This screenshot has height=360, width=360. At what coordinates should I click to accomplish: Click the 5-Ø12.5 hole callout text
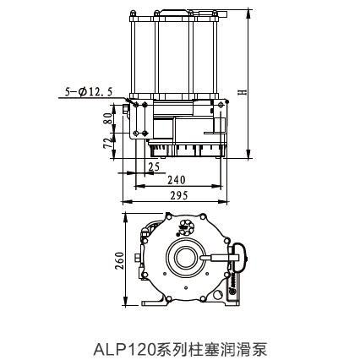tap(89, 91)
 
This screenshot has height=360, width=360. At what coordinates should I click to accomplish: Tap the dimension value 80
tap(108, 118)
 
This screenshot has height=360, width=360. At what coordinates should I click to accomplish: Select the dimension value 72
tap(108, 143)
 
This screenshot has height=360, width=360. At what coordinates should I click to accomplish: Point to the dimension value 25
tap(154, 166)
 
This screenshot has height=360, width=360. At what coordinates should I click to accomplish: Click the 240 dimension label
tap(177, 180)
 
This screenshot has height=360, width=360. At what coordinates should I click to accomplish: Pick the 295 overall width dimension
tap(178, 195)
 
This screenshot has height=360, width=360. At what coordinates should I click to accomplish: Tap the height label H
tap(242, 92)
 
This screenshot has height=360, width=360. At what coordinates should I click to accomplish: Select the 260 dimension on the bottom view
tap(120, 260)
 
